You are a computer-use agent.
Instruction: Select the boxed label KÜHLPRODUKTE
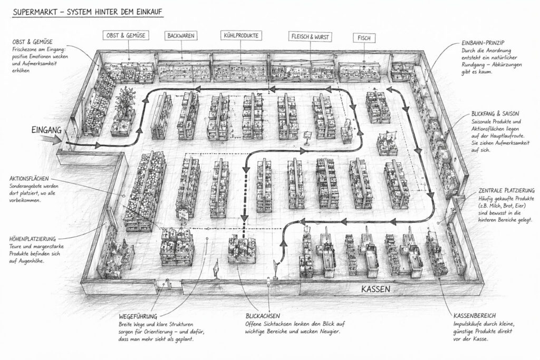[x=240, y=36]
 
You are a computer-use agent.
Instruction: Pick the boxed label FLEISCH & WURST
[x=309, y=37]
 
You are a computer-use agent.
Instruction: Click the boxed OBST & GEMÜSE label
[x=126, y=36]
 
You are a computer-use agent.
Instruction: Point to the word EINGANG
[x=46, y=130]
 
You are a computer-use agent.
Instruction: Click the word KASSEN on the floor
[x=375, y=289]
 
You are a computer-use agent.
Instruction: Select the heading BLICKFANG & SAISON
[x=491, y=113]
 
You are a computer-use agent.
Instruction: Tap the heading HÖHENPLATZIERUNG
[x=36, y=239]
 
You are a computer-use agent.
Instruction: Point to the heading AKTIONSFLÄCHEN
[x=33, y=179]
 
